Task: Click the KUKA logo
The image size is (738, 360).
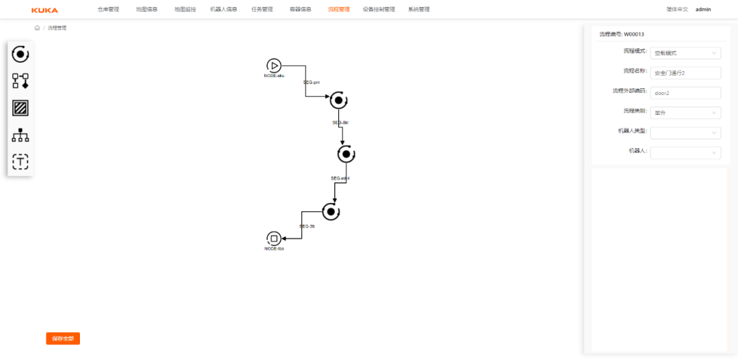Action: tap(44, 10)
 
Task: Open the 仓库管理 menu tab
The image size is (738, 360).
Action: tap(108, 10)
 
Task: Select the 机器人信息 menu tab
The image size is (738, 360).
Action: tap(223, 10)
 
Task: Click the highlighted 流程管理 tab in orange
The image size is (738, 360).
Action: tap(338, 10)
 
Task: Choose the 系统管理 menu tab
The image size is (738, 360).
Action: tap(419, 10)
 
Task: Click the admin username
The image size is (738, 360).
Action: tap(703, 10)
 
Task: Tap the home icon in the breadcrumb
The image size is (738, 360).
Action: tap(37, 28)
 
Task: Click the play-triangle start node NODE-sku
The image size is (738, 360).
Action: tap(274, 66)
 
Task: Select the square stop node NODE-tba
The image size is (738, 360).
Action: tap(274, 238)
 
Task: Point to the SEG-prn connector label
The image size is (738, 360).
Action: tap(312, 82)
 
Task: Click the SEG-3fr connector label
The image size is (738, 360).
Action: tap(307, 226)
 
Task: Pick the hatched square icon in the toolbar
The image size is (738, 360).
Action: tap(20, 108)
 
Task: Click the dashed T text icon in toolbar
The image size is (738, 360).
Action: tap(20, 162)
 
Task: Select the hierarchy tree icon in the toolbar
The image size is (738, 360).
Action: tap(20, 135)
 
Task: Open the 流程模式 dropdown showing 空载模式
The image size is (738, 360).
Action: tap(685, 53)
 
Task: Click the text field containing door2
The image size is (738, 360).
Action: tap(685, 93)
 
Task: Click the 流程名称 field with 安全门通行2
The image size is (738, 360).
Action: tap(685, 72)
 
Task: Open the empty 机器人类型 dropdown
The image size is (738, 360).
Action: tap(685, 133)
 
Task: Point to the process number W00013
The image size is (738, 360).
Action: tap(634, 34)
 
